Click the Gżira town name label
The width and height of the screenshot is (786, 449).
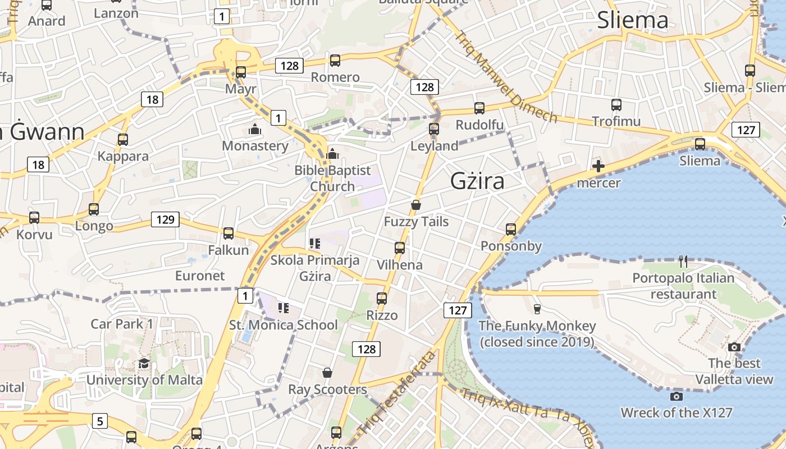(477, 181)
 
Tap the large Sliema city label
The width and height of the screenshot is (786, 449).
(633, 20)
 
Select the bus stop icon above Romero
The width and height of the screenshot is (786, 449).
(335, 60)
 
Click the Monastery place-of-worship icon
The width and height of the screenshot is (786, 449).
(255, 130)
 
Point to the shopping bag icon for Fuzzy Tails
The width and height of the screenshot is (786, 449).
(416, 205)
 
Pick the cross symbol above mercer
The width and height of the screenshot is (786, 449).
(598, 166)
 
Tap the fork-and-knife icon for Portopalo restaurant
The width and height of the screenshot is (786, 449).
(683, 261)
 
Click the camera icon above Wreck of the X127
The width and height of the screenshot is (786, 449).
(677, 396)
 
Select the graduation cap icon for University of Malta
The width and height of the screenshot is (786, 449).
(144, 363)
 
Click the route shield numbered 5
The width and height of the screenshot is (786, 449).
(99, 420)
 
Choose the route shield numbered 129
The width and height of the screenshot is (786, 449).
(165, 219)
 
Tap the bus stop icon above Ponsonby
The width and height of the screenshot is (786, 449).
(511, 229)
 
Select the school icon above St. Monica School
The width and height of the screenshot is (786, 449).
(284, 308)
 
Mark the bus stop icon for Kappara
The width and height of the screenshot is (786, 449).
(123, 139)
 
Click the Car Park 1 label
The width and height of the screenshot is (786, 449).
(122, 324)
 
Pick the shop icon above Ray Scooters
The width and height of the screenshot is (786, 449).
(327, 373)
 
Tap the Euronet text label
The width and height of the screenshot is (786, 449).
(200, 276)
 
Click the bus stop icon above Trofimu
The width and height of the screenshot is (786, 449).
(616, 104)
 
